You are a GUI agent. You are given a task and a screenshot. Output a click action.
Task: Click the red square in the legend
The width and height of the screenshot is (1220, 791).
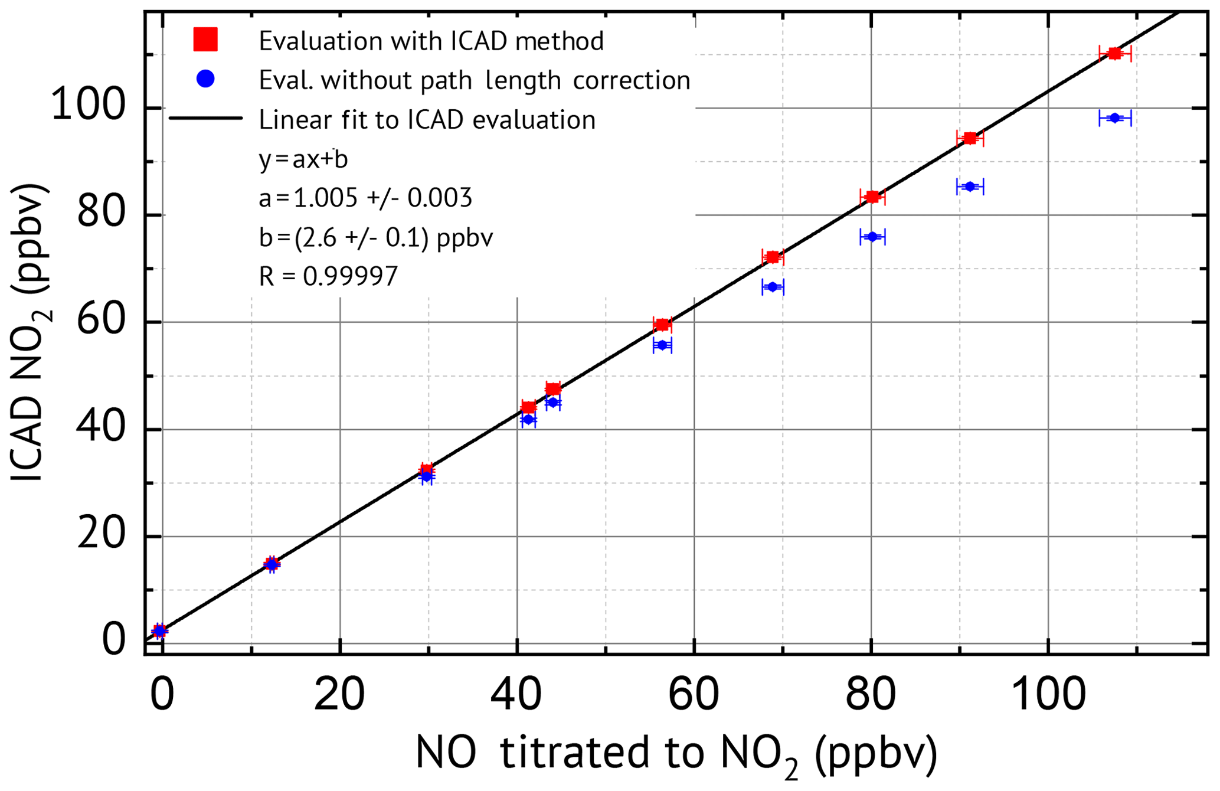pyautogui.click(x=205, y=40)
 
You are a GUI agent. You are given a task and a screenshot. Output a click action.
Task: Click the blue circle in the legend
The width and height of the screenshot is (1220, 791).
pyautogui.click(x=205, y=79)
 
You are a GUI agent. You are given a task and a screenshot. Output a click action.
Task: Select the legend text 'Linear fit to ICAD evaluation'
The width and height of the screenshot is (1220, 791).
pyautogui.click(x=427, y=120)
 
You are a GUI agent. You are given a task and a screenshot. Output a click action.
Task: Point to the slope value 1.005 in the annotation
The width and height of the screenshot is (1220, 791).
pyautogui.click(x=325, y=198)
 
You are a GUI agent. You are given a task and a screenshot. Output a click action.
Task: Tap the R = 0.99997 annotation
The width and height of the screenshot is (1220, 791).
pyautogui.click(x=328, y=276)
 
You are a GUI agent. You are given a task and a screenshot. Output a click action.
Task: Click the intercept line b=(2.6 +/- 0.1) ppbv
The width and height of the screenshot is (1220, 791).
pyautogui.click(x=375, y=237)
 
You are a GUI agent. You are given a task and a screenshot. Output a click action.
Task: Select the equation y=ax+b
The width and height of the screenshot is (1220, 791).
pyautogui.click(x=303, y=159)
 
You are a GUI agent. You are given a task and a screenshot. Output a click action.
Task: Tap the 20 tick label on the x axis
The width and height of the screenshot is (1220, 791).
pyautogui.click(x=339, y=695)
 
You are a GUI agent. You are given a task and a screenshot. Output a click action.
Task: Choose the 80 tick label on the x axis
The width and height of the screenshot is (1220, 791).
pyautogui.click(x=871, y=695)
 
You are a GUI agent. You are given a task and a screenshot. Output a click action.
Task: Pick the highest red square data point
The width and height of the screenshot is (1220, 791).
pyautogui.click(x=1114, y=54)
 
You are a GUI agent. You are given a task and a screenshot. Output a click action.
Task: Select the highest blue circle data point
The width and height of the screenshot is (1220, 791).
pyautogui.click(x=1114, y=118)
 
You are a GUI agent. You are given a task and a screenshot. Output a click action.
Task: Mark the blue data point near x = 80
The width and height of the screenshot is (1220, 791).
pyautogui.click(x=872, y=237)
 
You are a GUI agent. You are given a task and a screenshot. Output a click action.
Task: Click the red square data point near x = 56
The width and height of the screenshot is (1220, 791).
pyautogui.click(x=662, y=324)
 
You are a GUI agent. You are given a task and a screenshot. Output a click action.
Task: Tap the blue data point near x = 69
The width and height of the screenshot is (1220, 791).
pyautogui.click(x=772, y=287)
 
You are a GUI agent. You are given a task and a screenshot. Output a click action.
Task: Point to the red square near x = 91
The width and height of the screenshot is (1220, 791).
pyautogui.click(x=970, y=138)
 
